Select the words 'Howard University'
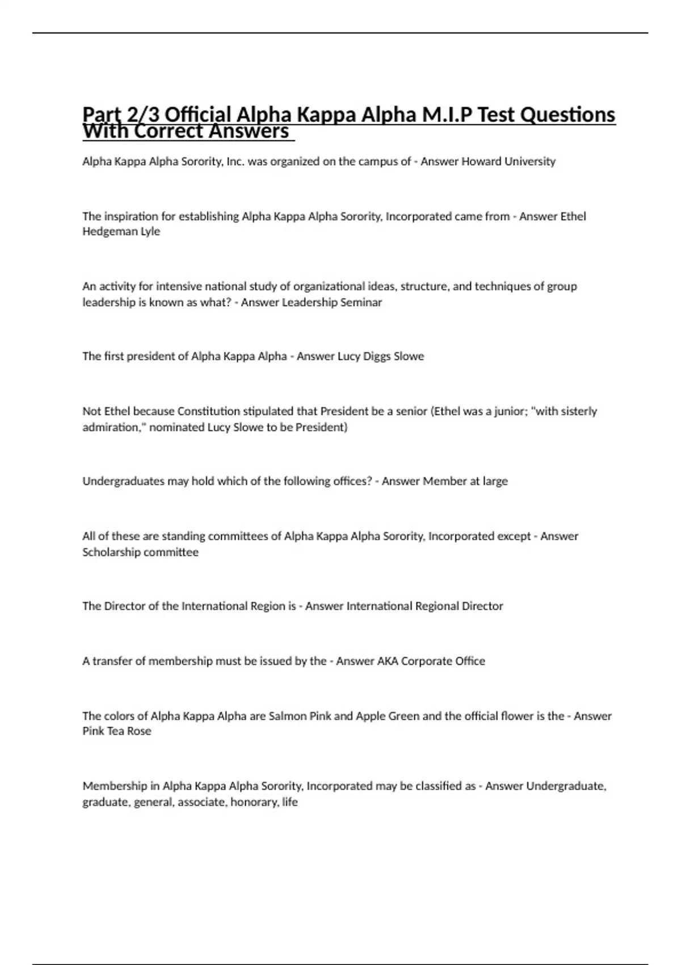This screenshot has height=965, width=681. coord(508,162)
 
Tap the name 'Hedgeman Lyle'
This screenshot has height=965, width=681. coord(121,232)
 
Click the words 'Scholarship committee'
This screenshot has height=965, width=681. coord(140,552)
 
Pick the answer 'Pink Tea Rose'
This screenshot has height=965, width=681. coord(117,731)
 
